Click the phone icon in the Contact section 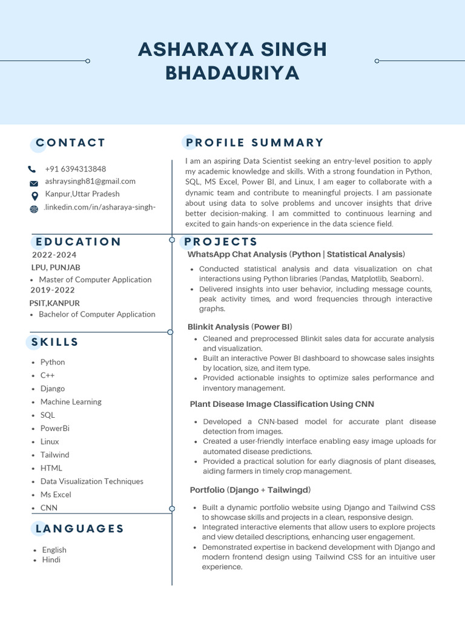(x=33, y=170)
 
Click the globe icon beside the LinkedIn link (x=33, y=209)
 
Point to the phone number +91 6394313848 (x=75, y=169)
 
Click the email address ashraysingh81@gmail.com (x=90, y=182)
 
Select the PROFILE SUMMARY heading (x=255, y=143)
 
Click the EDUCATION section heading (x=79, y=242)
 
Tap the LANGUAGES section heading (x=79, y=529)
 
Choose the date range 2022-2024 (x=54, y=255)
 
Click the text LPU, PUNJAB (x=56, y=267)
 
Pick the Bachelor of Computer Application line (x=97, y=314)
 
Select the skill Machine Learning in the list (x=71, y=402)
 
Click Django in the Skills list (x=53, y=389)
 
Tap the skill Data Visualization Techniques (x=92, y=481)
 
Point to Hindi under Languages (x=51, y=560)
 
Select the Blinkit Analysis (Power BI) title (x=240, y=327)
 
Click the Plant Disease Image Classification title (x=282, y=404)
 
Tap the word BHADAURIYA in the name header (x=232, y=73)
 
